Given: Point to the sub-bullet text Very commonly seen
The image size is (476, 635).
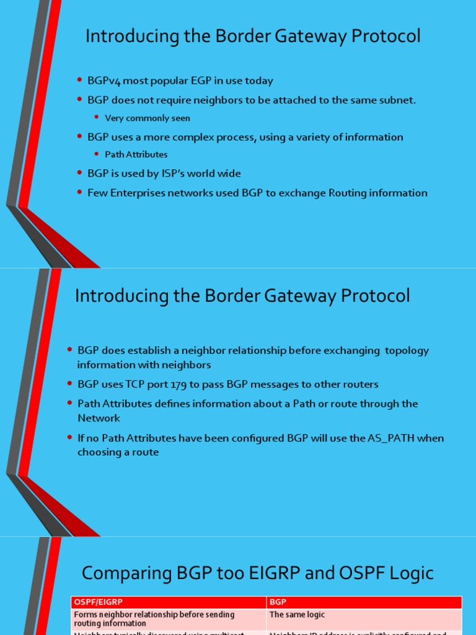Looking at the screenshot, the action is (148, 118).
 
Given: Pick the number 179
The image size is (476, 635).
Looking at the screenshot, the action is (178, 384).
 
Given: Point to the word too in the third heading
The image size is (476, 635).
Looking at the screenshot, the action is (236, 573).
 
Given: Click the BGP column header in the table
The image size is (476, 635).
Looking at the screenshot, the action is (278, 602).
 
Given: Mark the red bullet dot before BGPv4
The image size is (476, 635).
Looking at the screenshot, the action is (79, 81).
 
